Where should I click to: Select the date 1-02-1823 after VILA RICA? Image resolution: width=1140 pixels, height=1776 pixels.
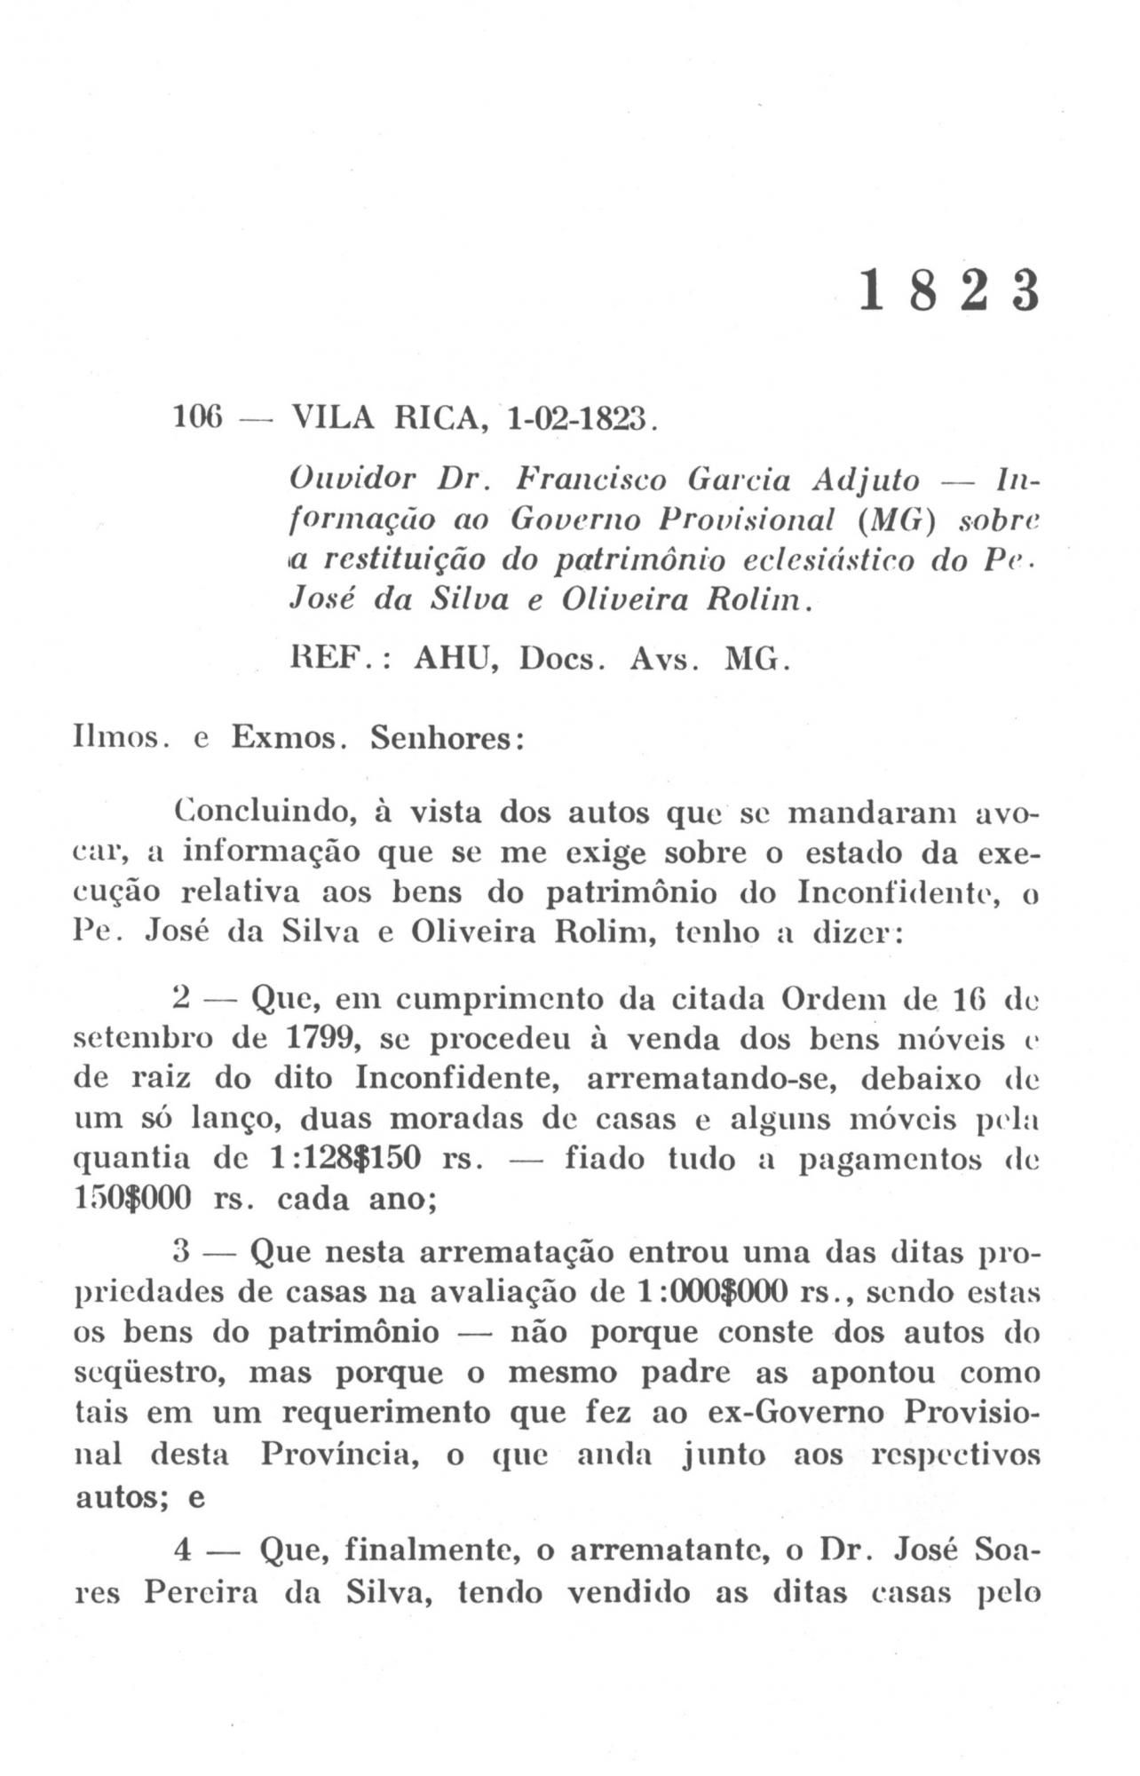[578, 416]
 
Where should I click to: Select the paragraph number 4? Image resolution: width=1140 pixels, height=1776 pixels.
[184, 1551]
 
